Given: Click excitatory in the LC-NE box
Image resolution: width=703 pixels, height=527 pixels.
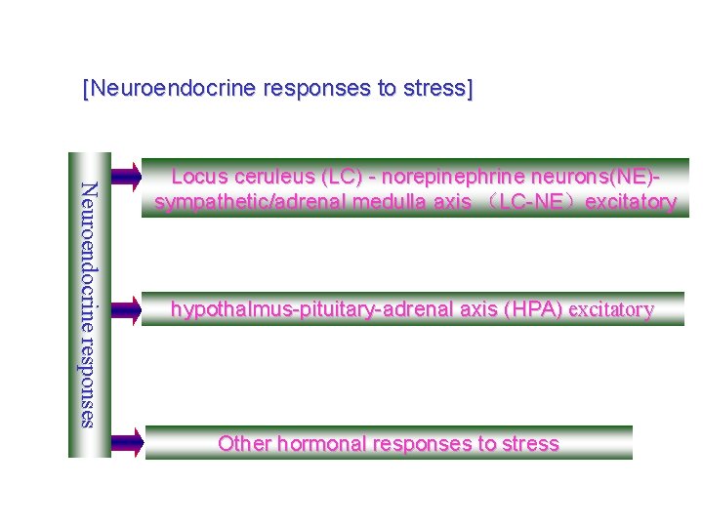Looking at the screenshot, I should click(630, 202).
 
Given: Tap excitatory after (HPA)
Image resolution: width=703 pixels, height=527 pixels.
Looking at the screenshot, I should click(611, 310).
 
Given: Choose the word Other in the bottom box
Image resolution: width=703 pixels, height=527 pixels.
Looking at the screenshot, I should click(245, 444).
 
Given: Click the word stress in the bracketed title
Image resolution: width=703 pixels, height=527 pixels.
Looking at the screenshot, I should click(438, 89).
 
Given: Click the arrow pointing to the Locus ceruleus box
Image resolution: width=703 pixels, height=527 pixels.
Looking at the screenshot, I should click(125, 177).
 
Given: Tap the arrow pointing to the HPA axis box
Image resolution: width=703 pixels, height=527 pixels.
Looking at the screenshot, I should click(125, 309).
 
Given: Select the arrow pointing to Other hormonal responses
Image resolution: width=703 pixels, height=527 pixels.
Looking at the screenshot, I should click(126, 444).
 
